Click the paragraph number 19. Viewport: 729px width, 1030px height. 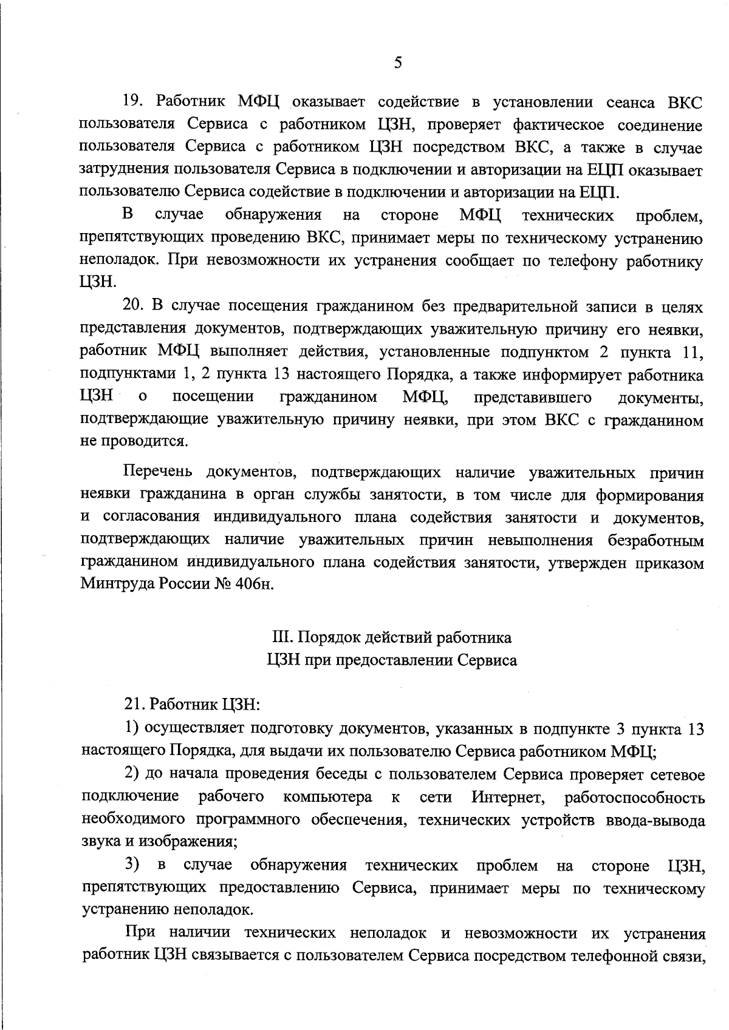pos(133,103)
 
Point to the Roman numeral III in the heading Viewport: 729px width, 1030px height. pos(278,637)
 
